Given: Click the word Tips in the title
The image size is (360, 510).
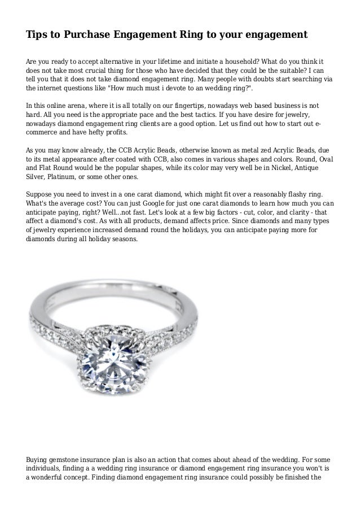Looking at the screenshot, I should tap(36, 35).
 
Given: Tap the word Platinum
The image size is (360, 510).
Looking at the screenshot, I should tap(64, 178).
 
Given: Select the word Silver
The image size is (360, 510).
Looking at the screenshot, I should tap(37, 178).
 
